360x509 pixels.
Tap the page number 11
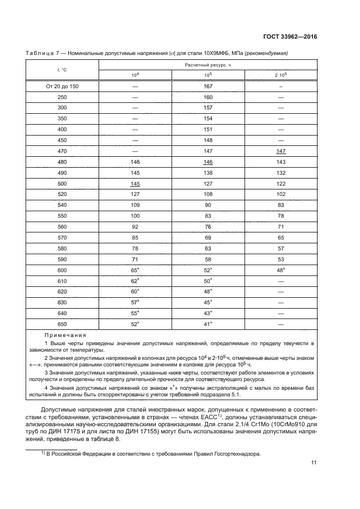tap(314, 463)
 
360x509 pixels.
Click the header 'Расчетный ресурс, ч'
tap(208, 64)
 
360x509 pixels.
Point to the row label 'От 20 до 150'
tap(62, 86)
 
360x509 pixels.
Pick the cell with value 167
tap(208, 86)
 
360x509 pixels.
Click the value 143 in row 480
tap(280, 162)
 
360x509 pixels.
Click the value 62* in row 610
tap(135, 280)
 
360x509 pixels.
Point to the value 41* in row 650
tap(208, 324)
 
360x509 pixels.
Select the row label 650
tap(62, 324)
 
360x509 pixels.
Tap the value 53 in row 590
tap(280, 259)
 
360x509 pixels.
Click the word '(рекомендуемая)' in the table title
tap(268, 53)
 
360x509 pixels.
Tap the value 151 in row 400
tap(208, 130)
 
